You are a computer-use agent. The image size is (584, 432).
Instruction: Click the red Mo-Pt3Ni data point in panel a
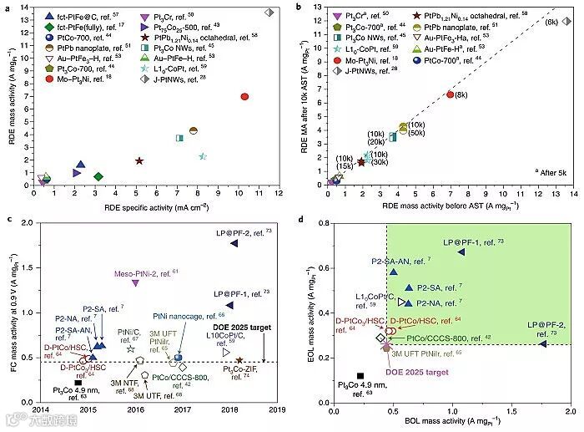pos(244,97)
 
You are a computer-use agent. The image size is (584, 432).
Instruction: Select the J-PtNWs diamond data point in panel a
pos(269,13)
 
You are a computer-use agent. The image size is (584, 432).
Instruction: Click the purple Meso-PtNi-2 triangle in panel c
pos(135,283)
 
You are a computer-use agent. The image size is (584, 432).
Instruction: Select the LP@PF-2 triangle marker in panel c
pos(234,242)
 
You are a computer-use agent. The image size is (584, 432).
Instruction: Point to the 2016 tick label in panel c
pos(135,409)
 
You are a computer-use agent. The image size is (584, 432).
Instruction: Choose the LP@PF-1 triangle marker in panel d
pos(461,252)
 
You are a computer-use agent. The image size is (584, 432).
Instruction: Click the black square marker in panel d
pos(360,376)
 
